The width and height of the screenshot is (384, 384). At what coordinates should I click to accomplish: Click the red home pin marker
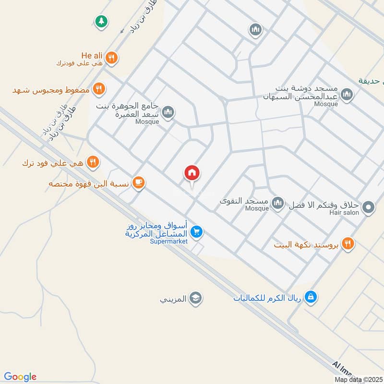pos(192,173)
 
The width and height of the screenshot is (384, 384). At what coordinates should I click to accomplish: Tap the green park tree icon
pos(101,21)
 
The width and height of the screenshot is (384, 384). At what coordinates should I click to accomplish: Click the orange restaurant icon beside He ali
pos(112,58)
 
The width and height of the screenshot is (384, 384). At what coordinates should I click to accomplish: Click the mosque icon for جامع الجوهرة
pos(168,113)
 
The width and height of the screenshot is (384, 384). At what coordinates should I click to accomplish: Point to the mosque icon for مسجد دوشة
pos(347,96)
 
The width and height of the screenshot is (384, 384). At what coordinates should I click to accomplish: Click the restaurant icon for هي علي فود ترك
pos(93,161)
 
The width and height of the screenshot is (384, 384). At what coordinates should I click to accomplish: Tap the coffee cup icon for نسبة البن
pos(139,182)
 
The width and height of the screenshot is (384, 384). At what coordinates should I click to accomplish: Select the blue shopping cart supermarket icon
pos(196,232)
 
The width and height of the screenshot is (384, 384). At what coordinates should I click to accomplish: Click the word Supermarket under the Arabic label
pos(168,241)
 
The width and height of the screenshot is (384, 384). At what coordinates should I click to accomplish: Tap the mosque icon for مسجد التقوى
pos(278,203)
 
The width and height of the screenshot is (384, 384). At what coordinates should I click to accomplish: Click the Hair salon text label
pos(344,213)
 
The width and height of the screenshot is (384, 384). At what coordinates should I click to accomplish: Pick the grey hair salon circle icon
pos(368,207)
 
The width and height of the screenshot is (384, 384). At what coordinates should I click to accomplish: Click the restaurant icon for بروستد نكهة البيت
pos(348,243)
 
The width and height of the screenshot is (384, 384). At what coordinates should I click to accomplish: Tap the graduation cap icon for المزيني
pos(195,298)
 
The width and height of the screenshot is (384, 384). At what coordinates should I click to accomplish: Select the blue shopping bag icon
pos(311,297)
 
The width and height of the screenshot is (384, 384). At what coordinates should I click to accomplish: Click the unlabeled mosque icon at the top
pos(255,30)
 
